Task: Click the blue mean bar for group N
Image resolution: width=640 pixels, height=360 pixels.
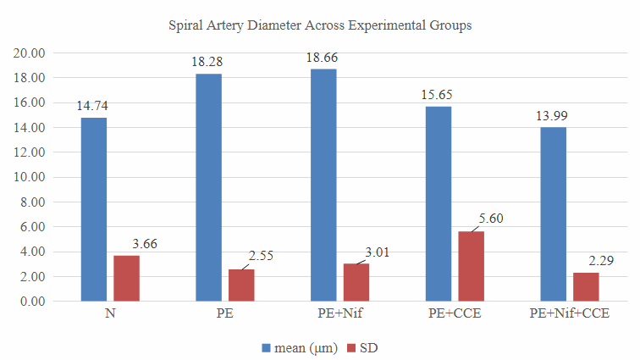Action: click(x=93, y=209)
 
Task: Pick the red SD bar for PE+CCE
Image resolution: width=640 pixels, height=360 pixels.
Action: click(x=471, y=266)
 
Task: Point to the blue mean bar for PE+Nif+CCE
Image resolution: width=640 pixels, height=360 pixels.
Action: click(x=553, y=214)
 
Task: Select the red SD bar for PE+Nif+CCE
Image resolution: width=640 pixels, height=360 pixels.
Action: click(x=585, y=286)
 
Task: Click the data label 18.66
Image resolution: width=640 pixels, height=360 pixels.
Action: click(x=323, y=58)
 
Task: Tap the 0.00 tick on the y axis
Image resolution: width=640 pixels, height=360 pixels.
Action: click(x=32, y=302)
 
